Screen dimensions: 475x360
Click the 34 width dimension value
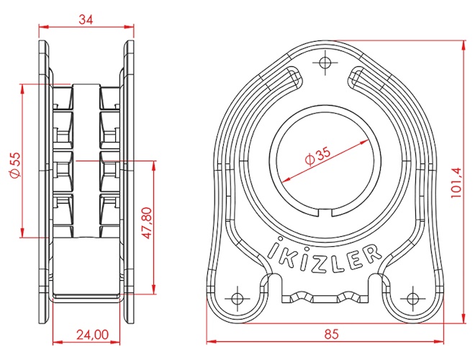(86, 19)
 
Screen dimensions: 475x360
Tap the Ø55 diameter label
(14, 165)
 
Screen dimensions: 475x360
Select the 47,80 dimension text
(147, 223)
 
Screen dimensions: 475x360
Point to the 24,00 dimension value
(92, 335)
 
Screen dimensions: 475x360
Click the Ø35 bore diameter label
(318, 156)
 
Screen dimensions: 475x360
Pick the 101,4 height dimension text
(456, 183)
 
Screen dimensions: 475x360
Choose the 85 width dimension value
(331, 334)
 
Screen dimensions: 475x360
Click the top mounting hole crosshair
(325, 63)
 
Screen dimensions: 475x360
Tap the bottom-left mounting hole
(237, 298)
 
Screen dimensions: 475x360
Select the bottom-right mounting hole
(412, 298)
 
